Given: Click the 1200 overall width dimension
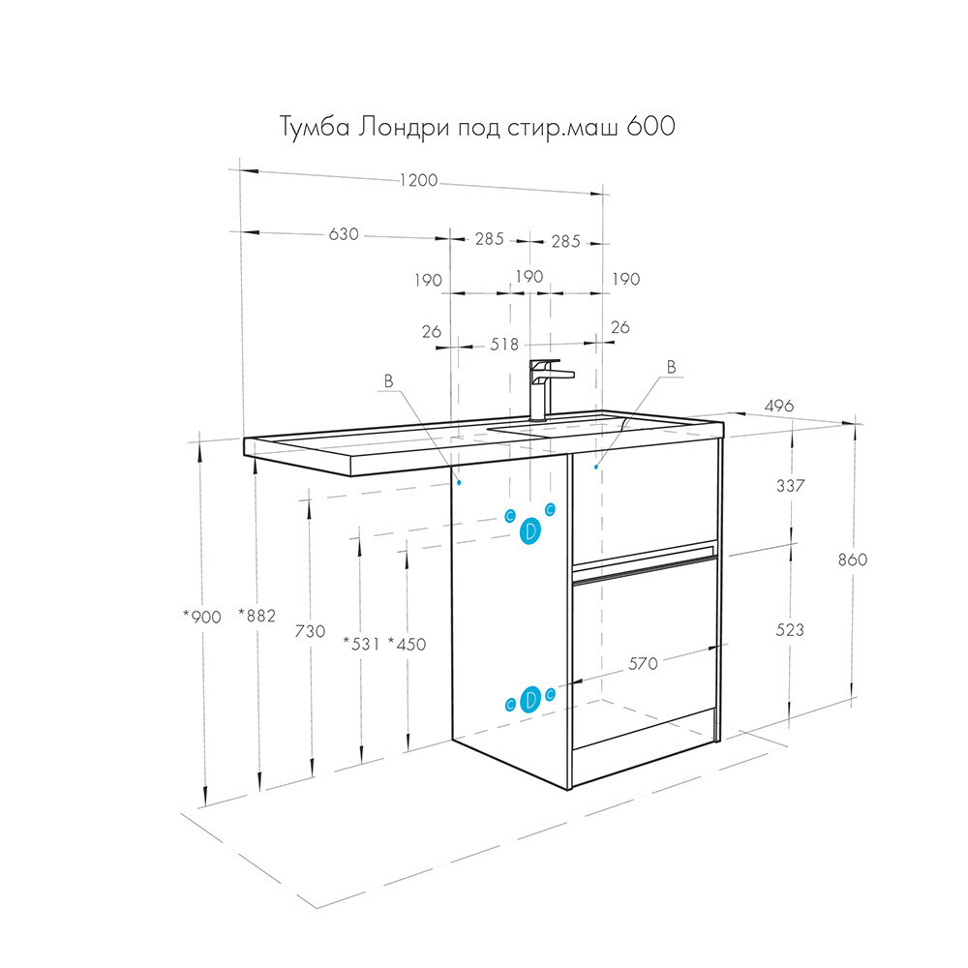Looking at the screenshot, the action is [x=418, y=180].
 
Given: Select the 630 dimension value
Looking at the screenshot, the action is [x=344, y=234].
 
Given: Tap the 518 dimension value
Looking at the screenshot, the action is [x=504, y=344].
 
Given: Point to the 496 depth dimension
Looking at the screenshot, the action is [x=779, y=406].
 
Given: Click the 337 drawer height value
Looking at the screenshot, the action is [x=790, y=485].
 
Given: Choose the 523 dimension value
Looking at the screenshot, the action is [x=790, y=630].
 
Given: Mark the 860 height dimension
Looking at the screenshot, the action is [x=853, y=560].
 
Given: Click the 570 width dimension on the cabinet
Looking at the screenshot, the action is [x=644, y=664].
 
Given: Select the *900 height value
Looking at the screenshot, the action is [x=202, y=616].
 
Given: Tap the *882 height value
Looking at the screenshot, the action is [x=257, y=615].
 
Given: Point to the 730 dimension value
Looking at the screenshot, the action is [x=310, y=631].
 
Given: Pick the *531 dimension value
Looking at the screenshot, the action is [x=362, y=644].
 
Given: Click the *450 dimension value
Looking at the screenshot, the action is [x=407, y=644].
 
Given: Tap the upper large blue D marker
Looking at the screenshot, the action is [x=529, y=530].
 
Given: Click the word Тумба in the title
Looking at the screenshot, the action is [x=316, y=127].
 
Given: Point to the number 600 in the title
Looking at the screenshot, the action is [x=650, y=126].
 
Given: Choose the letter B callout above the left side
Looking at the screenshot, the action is [x=388, y=380].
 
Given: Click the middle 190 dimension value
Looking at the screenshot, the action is [x=529, y=276].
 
